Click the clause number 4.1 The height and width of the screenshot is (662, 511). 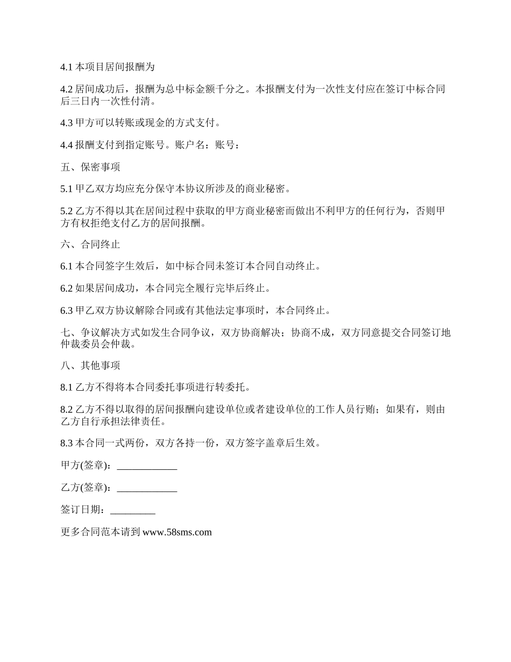(67, 67)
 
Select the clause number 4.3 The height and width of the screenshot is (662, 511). (67, 123)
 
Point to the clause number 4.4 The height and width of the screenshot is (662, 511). (67, 145)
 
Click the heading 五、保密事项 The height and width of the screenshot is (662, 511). (90, 167)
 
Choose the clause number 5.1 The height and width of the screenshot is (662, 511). (67, 189)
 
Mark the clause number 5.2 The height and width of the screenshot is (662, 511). (67, 212)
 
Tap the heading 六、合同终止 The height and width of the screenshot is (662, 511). (90, 244)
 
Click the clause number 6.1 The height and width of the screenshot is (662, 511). (67, 266)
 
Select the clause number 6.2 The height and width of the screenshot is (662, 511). (67, 288)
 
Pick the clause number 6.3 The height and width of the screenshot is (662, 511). (67, 311)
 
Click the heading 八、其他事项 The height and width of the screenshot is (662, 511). (90, 365)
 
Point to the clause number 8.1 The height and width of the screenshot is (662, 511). (67, 388)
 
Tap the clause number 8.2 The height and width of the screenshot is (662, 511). (67, 410)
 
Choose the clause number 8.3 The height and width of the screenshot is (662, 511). (67, 443)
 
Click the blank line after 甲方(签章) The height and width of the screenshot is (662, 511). (147, 466)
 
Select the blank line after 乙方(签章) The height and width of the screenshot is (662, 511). (147, 488)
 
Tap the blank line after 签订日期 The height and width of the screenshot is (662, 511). (132, 510)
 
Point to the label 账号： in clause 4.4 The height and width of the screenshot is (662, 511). (226, 145)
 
